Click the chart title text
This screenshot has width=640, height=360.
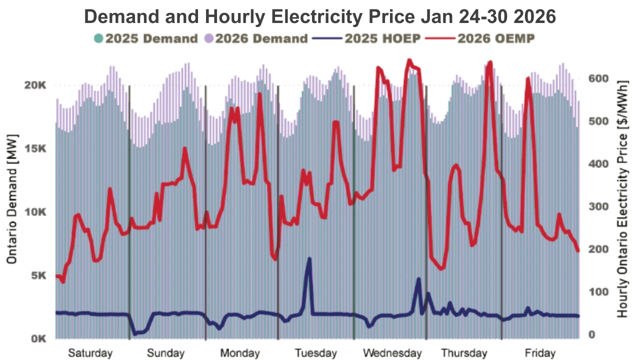(320, 16)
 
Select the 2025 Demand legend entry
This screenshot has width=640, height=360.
(145, 38)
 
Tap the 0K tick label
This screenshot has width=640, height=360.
(38, 339)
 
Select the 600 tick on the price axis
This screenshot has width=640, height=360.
(597, 79)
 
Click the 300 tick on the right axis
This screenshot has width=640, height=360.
(597, 207)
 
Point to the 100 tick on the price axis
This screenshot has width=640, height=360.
(597, 292)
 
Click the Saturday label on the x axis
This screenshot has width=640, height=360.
(90, 353)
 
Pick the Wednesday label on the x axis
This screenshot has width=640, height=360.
(392, 353)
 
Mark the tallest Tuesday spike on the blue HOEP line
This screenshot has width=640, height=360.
(309, 259)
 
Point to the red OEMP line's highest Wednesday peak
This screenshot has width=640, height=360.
(409, 61)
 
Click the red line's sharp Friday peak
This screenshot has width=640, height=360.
(527, 78)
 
